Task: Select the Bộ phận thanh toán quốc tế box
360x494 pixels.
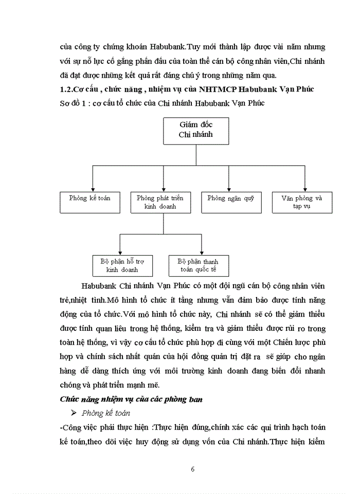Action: pos(198,265)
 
